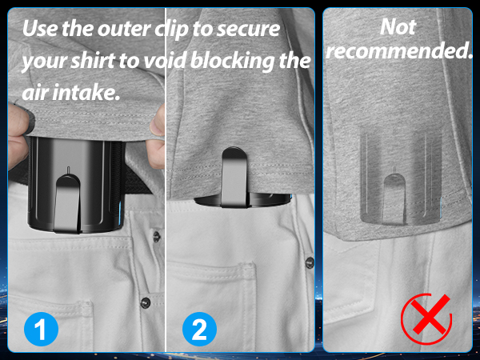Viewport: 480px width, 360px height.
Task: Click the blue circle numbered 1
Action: pos(41,329)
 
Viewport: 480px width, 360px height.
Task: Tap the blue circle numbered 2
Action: pos(199,329)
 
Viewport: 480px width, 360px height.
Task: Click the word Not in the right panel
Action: pos(398,27)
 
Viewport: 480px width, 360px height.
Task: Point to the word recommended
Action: pos(399,50)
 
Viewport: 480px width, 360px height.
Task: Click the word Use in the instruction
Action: pos(40,29)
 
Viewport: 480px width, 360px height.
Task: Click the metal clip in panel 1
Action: pos(68,203)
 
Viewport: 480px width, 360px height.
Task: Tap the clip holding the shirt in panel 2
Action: pos(234,177)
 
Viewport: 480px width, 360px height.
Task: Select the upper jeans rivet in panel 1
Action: pos(157,236)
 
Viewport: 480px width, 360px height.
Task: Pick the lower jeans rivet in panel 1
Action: pos(146,302)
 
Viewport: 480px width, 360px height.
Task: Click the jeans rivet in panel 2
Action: pos(310,262)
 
